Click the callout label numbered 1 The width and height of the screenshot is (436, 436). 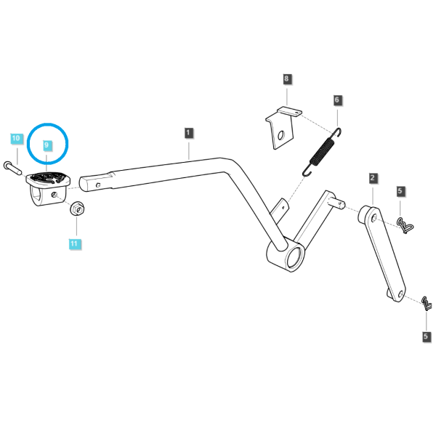[188, 133]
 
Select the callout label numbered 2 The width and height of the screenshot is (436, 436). [373, 178]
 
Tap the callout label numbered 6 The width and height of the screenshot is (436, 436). [337, 100]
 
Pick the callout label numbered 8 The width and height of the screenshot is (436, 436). [287, 78]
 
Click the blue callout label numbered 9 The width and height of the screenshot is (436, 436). [47, 145]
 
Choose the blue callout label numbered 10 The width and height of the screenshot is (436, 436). [16, 139]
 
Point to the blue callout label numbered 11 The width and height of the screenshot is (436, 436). [74, 244]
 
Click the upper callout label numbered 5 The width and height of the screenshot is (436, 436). [400, 191]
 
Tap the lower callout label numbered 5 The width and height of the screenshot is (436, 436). [426, 336]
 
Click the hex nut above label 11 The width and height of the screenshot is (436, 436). [77, 209]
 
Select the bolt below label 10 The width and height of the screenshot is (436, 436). [12, 169]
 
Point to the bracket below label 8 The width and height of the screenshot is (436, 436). [280, 128]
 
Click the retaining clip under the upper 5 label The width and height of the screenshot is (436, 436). [405, 225]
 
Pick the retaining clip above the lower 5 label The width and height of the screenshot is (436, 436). [427, 303]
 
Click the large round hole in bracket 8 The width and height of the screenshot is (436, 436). [281, 135]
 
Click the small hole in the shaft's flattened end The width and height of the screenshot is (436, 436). [98, 185]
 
